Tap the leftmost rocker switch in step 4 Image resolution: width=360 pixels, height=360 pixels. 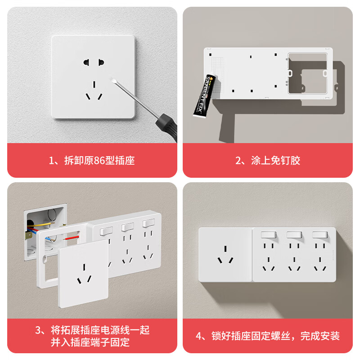point(269,235)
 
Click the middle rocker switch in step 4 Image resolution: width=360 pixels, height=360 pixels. point(294,235)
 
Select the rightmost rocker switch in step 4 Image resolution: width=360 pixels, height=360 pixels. point(319,235)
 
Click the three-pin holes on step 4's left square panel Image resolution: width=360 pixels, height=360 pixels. point(225,257)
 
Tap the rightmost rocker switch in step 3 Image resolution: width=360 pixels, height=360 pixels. point(148,223)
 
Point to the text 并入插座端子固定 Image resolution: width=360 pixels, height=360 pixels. point(90,342)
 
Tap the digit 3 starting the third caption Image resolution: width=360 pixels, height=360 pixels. point(38,330)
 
